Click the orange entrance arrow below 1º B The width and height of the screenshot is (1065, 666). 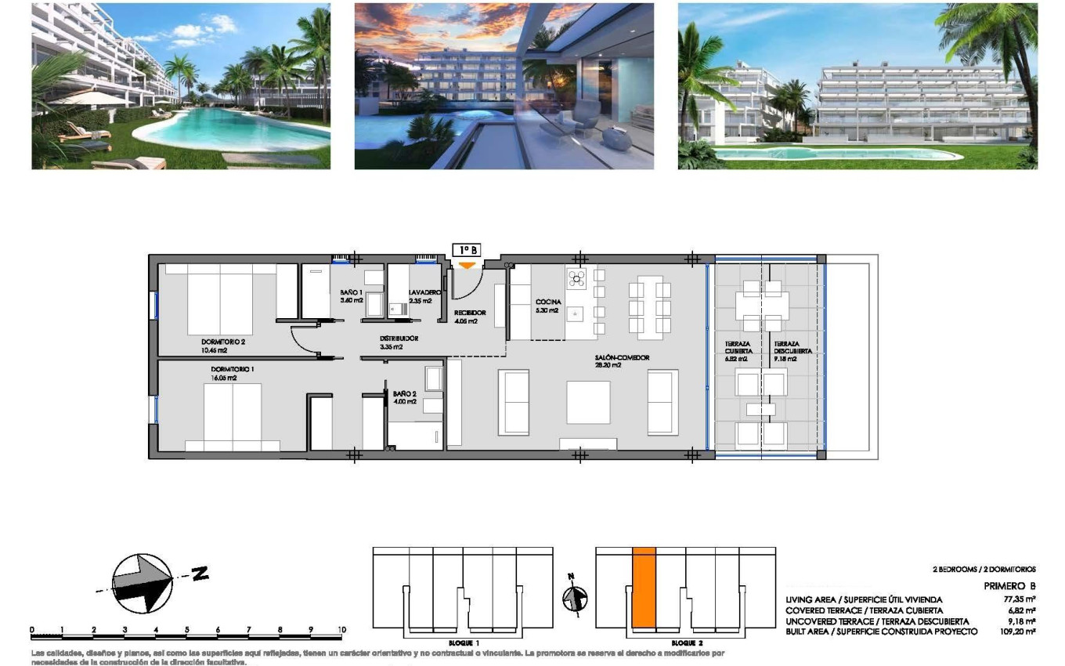tap(467, 265)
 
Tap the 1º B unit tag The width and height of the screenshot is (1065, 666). tap(466, 250)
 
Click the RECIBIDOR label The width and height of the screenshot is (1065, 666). tap(470, 313)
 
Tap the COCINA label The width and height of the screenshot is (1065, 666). tap(547, 302)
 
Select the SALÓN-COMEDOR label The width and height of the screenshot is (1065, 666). tap(621, 358)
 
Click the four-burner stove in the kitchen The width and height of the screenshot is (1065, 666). tap(576, 277)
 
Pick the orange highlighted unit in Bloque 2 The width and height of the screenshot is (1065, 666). tap(644, 588)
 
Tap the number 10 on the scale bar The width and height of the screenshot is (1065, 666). tap(341, 629)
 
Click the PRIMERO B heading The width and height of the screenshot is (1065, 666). tap(1009, 586)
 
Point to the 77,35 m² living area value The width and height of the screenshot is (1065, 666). tap(1019, 599)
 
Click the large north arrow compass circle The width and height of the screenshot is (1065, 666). tap(143, 583)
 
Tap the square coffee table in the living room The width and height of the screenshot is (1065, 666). tap(588, 402)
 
